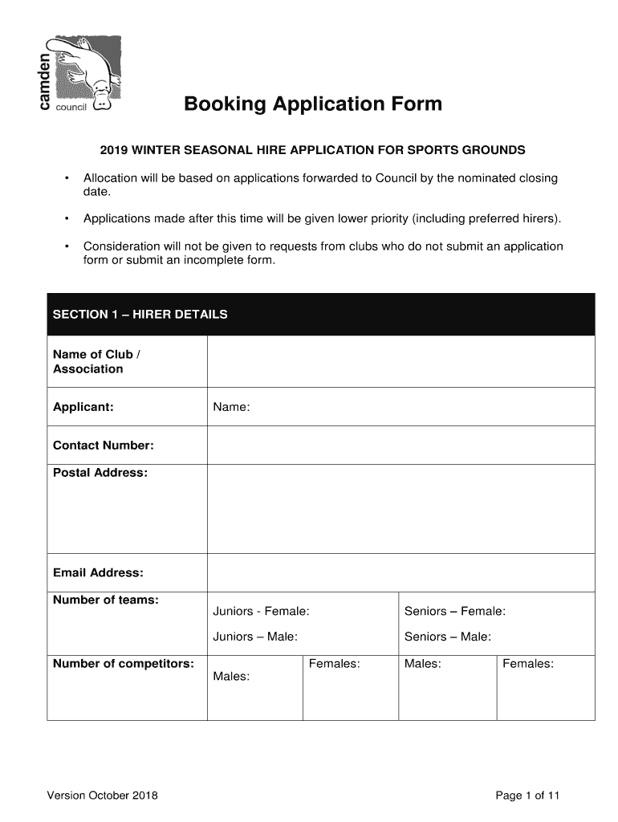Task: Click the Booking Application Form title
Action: click(312, 104)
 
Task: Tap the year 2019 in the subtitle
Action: click(113, 150)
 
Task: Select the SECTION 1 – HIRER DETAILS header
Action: click(140, 314)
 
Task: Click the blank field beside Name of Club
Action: click(400, 361)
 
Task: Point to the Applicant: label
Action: click(83, 407)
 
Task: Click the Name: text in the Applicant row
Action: click(231, 407)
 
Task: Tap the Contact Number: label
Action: click(103, 446)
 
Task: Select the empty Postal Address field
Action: click(400, 509)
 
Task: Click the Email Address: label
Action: click(98, 572)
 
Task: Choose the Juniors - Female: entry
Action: click(261, 612)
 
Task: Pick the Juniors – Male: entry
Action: click(255, 637)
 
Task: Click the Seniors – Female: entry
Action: click(454, 612)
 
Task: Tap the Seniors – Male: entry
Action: click(448, 637)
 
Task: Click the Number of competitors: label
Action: click(123, 664)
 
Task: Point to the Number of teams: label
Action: click(105, 600)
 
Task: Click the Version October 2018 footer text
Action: click(102, 796)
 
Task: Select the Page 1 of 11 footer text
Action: click(527, 796)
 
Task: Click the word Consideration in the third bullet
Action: click(120, 246)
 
